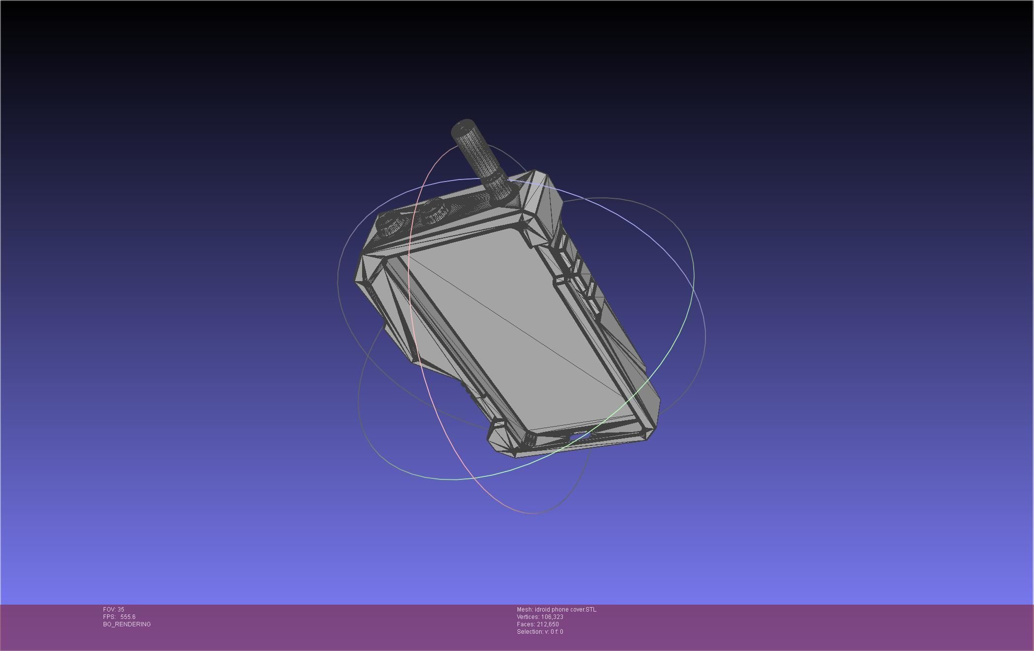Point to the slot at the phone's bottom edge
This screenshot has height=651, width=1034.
576,437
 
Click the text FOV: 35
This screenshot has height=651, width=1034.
113,610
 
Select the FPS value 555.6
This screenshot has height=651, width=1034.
128,617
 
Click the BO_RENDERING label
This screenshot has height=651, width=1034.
127,624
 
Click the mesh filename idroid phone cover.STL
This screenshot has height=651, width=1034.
565,610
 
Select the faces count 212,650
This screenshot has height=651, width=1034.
548,624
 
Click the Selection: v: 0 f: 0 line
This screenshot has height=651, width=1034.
540,632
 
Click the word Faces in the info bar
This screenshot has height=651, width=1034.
525,624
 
